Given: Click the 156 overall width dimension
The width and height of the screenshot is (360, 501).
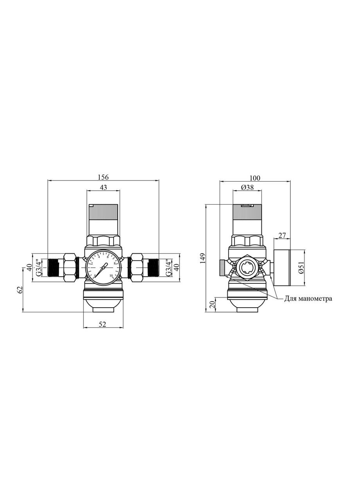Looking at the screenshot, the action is [x=103, y=177].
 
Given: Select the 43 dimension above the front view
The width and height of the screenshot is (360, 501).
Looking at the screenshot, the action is [x=103, y=187].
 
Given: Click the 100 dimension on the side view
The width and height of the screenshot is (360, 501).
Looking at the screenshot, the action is [x=255, y=178].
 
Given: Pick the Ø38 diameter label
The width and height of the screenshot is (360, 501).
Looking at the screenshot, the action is [x=247, y=187].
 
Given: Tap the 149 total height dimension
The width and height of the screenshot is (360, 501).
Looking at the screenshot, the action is [x=203, y=258].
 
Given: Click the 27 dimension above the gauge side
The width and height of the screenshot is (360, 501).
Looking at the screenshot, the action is [x=282, y=235].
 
